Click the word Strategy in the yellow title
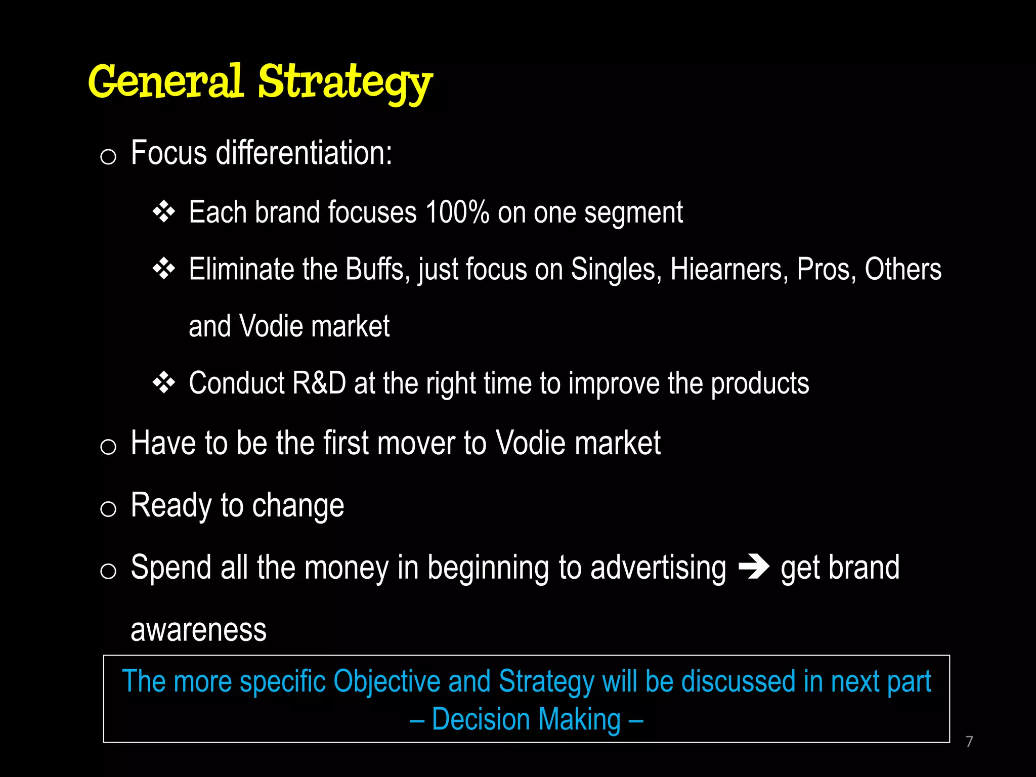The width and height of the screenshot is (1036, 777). pos(345,82)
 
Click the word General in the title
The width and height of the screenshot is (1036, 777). pos(165,82)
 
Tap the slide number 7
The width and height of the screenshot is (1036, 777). pos(969,742)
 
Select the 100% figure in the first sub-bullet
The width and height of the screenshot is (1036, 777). pos(457,212)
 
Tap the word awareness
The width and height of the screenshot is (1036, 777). pos(198,630)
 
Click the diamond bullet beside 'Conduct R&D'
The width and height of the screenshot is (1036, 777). pos(163,383)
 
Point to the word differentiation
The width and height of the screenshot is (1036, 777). pos(304,153)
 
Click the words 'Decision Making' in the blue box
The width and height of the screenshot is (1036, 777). pos(526,720)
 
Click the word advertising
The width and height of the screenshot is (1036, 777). pos(658,568)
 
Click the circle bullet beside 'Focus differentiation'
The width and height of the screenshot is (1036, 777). pos(108,157)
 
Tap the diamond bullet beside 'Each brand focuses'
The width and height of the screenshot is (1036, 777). pos(163,212)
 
